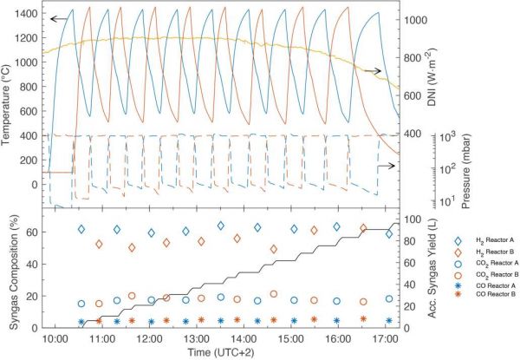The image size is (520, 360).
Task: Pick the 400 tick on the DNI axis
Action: click(413, 134)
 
